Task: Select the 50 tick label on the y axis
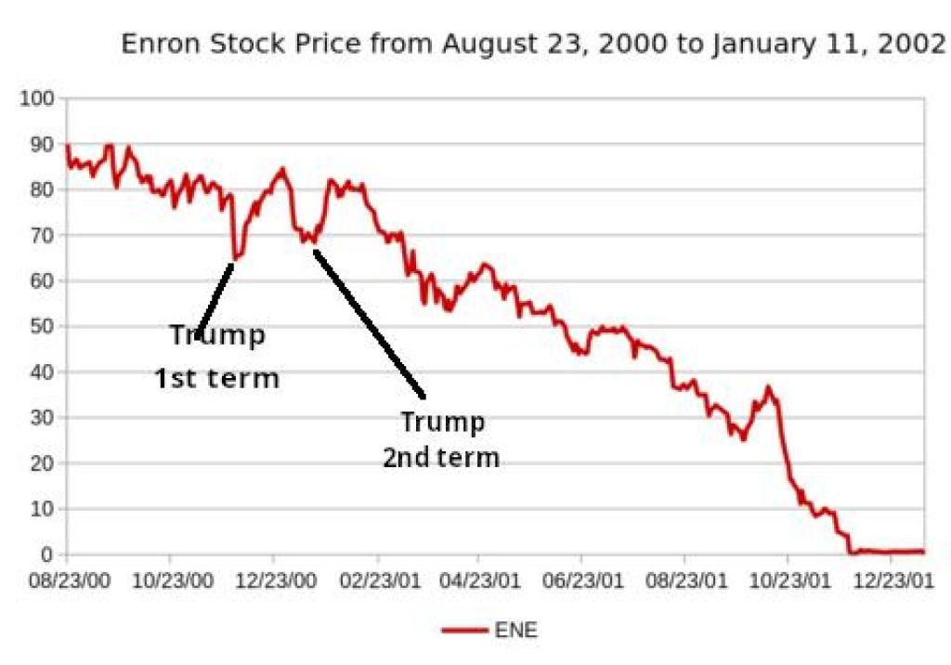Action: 43,326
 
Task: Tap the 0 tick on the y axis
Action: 48,554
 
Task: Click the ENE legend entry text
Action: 517,631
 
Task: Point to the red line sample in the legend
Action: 465,631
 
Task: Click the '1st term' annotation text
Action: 216,378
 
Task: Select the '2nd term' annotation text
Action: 441,458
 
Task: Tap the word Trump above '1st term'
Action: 216,335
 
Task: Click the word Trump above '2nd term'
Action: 442,423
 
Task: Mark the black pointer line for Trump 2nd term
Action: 370,324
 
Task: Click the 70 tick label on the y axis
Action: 43,235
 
